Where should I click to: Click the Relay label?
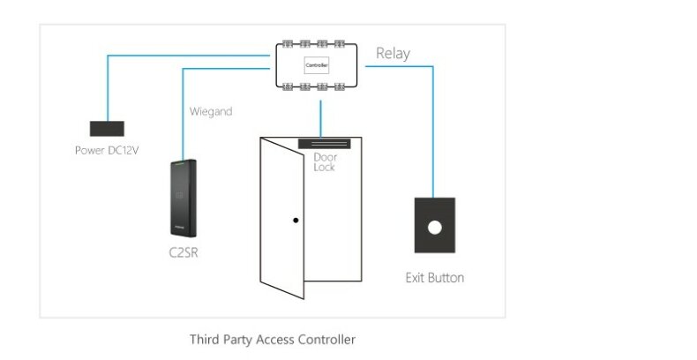393,53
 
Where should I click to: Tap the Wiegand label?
211,112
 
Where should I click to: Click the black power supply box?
106,128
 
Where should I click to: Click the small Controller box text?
317,64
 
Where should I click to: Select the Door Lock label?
325,161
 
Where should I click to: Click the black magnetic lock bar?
326,142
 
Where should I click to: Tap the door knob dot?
297,220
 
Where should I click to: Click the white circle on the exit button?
434,227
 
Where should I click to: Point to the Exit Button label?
434,278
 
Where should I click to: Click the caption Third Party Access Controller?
273,339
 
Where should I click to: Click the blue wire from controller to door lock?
321,115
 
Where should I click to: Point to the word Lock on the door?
324,166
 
